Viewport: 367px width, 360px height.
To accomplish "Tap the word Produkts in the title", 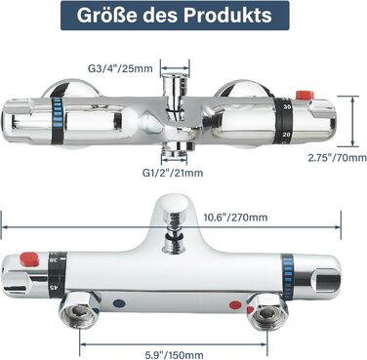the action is click(x=227, y=15).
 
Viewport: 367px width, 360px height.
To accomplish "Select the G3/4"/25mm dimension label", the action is click(x=120, y=68).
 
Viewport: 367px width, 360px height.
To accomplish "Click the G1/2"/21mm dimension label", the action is click(x=173, y=173).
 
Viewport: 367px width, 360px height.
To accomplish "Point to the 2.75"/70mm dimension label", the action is click(x=338, y=158).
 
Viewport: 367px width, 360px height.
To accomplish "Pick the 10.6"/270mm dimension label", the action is click(x=235, y=217).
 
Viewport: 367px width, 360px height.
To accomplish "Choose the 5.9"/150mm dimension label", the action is click(x=174, y=354).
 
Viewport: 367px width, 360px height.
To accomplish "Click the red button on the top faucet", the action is click(x=305, y=95).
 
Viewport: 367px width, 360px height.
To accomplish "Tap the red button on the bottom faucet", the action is click(x=29, y=260).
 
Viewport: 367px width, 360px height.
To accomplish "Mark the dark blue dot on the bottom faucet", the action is click(x=119, y=303).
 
